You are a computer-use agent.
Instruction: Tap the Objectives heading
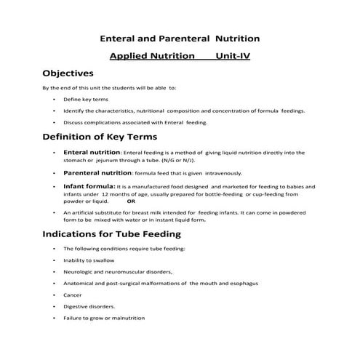[x=68, y=73]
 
